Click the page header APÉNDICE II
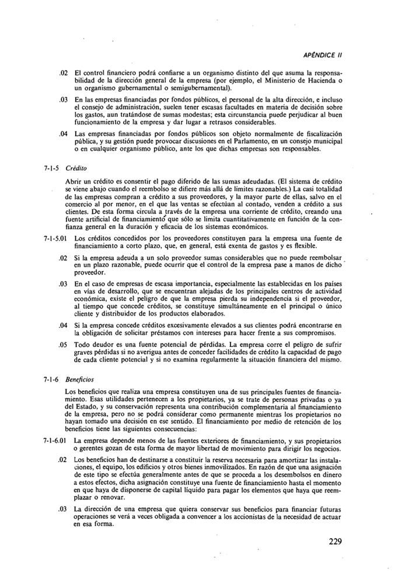[322, 57]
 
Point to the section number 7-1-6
[53, 379]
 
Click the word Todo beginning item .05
[83, 353]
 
